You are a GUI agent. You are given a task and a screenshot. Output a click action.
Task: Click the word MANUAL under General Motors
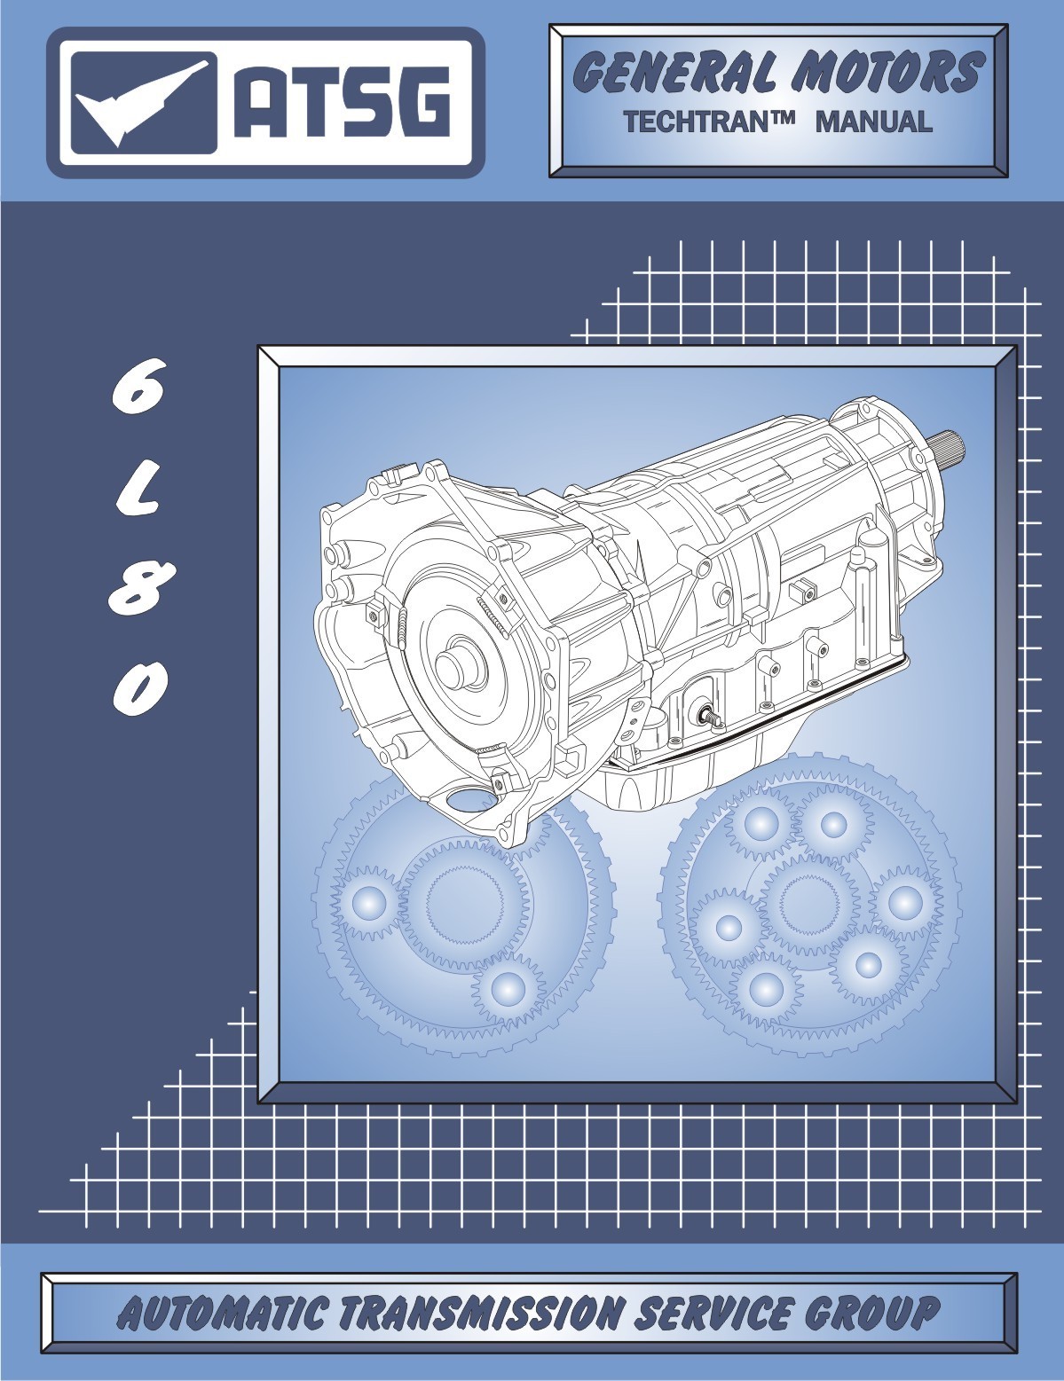[873, 122]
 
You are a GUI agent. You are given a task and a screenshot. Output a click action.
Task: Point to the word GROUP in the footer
[878, 1313]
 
